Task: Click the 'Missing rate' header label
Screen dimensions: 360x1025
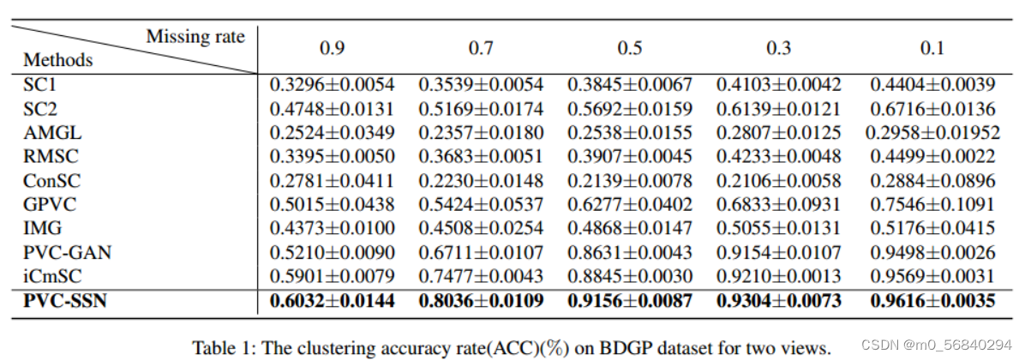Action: click(x=195, y=37)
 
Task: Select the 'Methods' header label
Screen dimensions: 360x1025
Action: click(x=57, y=61)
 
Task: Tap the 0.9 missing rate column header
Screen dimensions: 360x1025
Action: click(x=332, y=48)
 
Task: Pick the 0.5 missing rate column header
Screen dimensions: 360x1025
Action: click(x=629, y=48)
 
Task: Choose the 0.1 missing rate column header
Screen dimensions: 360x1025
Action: click(x=932, y=48)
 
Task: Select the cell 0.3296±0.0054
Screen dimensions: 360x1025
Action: click(x=333, y=85)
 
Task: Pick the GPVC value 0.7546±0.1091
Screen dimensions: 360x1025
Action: click(x=932, y=205)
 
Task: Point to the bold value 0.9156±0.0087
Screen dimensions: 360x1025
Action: click(x=630, y=302)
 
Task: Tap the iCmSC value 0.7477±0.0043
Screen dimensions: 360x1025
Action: click(x=481, y=277)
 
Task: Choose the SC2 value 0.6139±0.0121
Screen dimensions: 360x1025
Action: click(x=778, y=109)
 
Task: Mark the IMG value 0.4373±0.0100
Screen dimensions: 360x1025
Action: click(x=333, y=229)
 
